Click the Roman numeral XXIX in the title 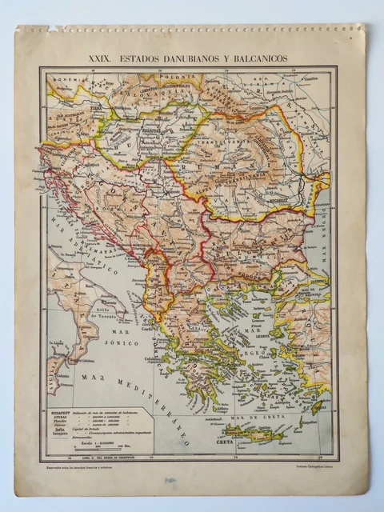coord(101,59)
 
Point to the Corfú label coord(146,326)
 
